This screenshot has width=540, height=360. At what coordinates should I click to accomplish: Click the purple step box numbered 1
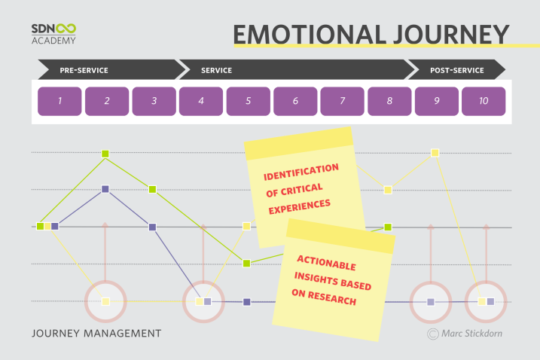[x=59, y=101]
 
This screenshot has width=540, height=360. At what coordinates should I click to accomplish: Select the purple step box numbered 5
[x=249, y=101]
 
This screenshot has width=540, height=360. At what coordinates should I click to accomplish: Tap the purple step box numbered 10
[x=484, y=101]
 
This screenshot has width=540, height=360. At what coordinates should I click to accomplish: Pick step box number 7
[x=343, y=101]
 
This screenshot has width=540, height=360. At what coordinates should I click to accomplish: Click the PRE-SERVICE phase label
[x=84, y=70]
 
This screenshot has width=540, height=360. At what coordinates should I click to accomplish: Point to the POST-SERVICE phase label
[x=457, y=70]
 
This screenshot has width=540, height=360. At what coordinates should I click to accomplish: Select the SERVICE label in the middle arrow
[x=217, y=70]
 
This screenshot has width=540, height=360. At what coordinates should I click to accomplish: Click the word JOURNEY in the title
[x=451, y=35]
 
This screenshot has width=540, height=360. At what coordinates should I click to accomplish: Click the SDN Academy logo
[x=53, y=34]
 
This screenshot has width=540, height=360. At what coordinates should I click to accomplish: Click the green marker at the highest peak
[x=105, y=154]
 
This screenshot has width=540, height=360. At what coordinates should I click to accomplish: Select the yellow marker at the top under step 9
[x=435, y=153]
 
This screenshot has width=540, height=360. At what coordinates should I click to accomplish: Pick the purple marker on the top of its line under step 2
[x=105, y=189]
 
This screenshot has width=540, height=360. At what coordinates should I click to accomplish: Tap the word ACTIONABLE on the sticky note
[x=326, y=263]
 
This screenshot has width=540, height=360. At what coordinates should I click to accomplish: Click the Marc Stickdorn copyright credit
[x=465, y=334]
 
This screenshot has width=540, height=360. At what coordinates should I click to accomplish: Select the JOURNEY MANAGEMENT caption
[x=96, y=334]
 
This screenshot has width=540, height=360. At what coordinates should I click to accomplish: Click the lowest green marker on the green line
[x=246, y=263]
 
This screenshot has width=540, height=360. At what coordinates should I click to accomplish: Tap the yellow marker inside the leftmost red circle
[x=105, y=301]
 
